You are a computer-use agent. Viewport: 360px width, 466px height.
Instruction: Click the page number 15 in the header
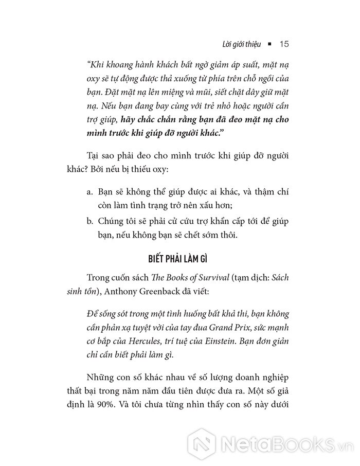coord(285,44)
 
